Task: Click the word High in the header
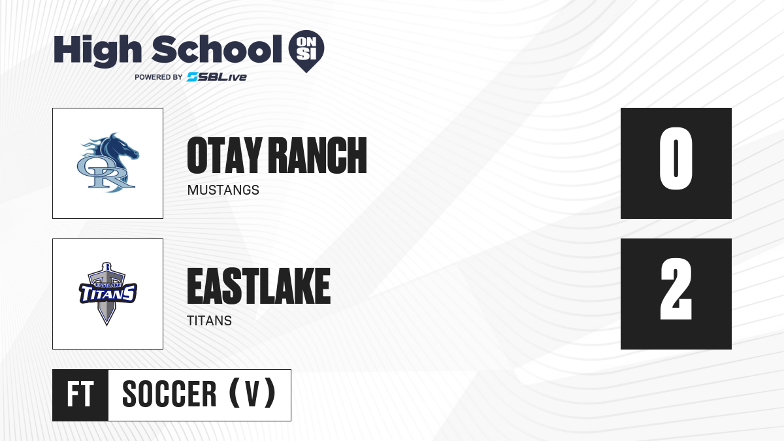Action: (97, 51)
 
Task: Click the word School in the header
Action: (217, 49)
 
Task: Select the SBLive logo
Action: (217, 77)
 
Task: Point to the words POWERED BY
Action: (159, 77)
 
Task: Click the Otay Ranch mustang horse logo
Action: (108, 163)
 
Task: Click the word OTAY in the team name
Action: (225, 155)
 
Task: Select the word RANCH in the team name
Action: (319, 155)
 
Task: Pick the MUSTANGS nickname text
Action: (223, 190)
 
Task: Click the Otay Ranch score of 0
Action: (676, 159)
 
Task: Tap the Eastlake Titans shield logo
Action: (108, 293)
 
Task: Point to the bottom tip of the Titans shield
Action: (106, 325)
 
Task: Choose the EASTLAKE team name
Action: (259, 286)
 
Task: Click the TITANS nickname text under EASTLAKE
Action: (209, 321)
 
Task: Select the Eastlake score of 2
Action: (676, 289)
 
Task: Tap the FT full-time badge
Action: (80, 395)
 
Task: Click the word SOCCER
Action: (169, 395)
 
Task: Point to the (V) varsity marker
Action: (252, 393)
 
